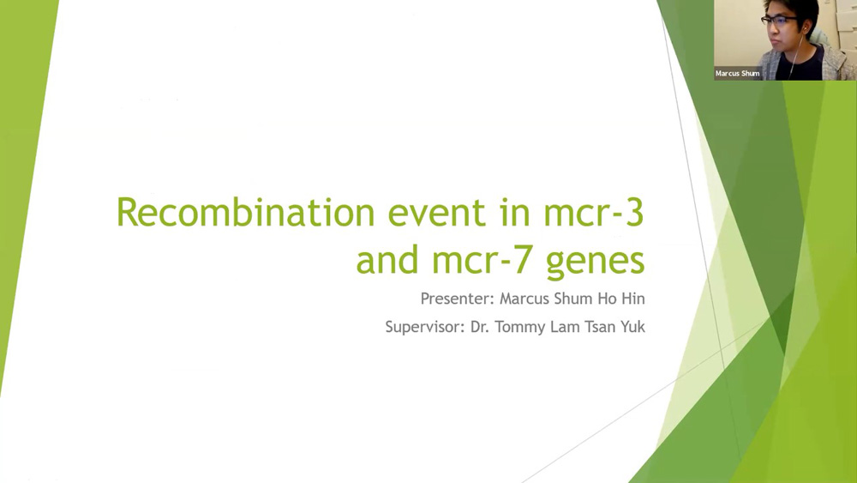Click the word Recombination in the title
(x=245, y=212)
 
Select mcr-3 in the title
(x=594, y=212)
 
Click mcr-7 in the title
(x=481, y=260)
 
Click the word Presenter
(x=458, y=299)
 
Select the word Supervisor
(x=425, y=327)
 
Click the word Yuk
(x=632, y=327)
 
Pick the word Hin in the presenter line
(x=634, y=299)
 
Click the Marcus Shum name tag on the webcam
(x=737, y=73)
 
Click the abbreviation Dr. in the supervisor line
(x=479, y=327)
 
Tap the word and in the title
(x=387, y=260)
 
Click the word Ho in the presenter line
(x=609, y=299)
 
